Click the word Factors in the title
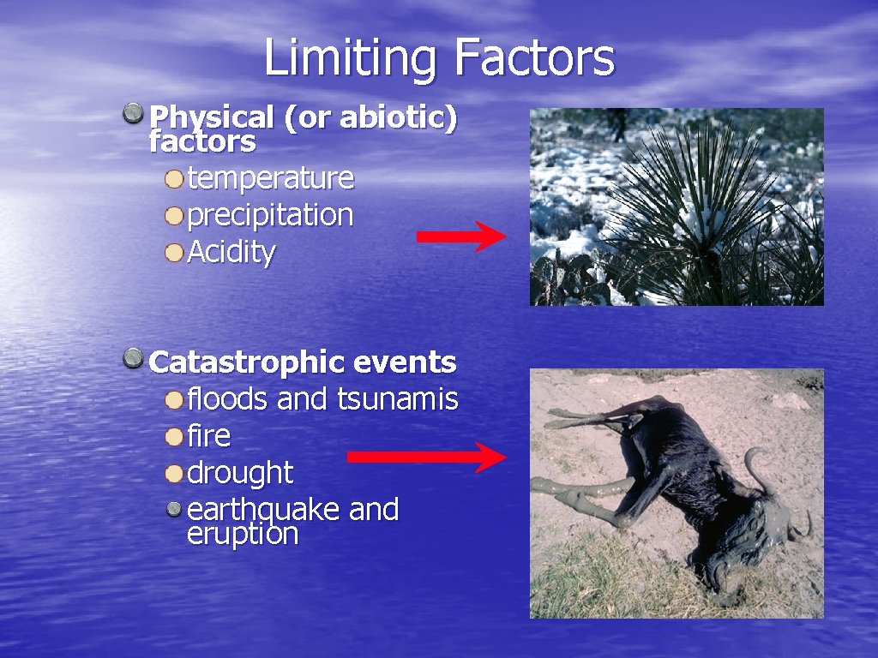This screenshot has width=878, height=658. [534, 58]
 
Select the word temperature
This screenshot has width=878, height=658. [270, 178]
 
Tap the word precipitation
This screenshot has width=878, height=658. [270, 215]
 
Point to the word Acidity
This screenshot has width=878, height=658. [231, 252]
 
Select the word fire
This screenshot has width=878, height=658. [208, 435]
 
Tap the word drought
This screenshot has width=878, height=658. [239, 472]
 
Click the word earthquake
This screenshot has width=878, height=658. [263, 510]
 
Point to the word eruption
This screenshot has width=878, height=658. [242, 534]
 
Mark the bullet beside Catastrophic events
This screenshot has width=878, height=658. [133, 358]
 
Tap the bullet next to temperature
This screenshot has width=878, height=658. [174, 179]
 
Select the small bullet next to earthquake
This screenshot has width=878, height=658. [174, 510]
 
